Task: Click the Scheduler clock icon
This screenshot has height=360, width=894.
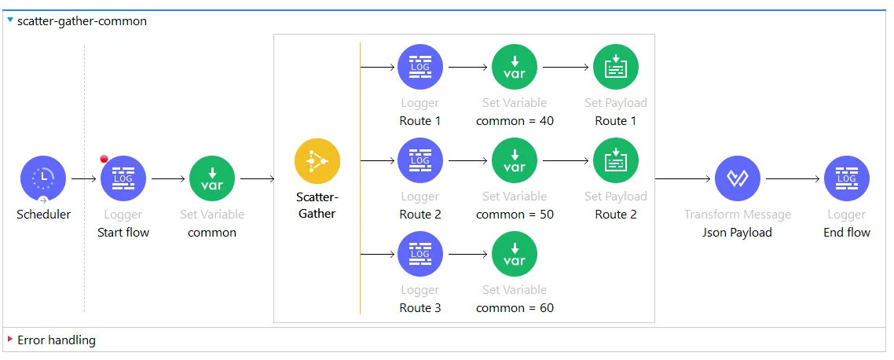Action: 42,178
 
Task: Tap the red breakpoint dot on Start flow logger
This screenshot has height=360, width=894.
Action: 104,160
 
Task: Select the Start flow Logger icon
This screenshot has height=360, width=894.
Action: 123,178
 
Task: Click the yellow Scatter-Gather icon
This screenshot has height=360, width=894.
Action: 317,161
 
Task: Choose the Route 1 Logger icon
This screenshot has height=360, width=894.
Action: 420,67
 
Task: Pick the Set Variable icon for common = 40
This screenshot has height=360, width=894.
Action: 515,67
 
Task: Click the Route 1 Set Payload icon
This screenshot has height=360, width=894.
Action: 616,67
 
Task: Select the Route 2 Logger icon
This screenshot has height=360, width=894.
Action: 420,160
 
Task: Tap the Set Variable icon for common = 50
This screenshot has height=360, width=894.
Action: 515,160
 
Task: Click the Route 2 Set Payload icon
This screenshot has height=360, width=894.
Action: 616,160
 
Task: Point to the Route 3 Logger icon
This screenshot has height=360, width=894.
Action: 420,254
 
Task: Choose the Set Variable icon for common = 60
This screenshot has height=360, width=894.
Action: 515,254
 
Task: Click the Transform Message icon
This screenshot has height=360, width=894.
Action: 737,178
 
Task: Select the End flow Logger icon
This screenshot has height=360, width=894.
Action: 846,178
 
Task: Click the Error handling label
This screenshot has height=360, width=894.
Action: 57,340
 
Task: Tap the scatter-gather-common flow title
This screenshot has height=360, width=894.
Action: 82,21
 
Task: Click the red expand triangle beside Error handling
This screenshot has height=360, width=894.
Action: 10,340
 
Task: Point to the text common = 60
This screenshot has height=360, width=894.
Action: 515,308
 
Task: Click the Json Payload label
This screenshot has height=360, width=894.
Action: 737,233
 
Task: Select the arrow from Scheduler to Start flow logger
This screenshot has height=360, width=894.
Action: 83,178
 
